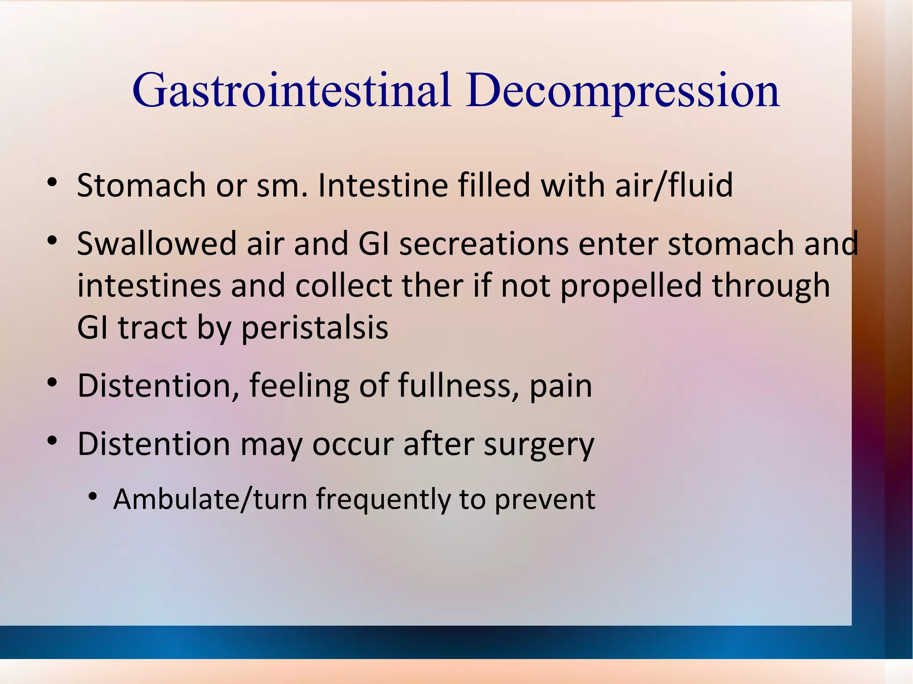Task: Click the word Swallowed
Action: point(156,244)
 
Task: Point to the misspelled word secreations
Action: point(484,244)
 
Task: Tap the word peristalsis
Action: point(315,328)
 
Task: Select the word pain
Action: point(561,386)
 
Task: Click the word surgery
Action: point(539,444)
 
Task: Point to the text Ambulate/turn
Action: point(210,499)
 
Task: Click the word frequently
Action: point(383,499)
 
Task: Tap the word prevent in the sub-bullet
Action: point(545,499)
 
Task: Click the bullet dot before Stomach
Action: point(52,183)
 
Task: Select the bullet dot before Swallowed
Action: point(52,241)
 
